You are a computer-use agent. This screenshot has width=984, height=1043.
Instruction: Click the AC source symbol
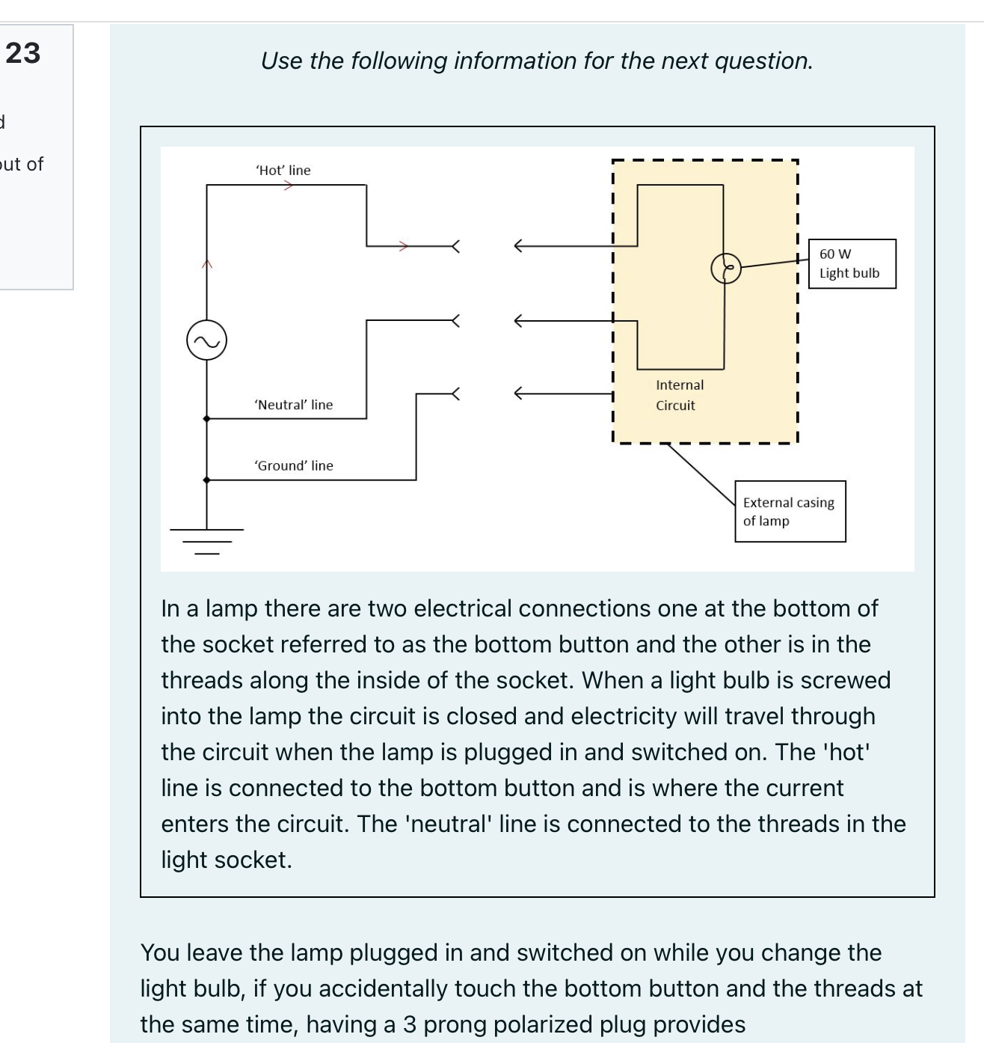pos(206,340)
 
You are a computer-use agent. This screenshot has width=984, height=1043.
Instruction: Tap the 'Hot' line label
pos(283,171)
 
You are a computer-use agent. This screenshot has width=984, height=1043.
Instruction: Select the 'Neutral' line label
pos(294,405)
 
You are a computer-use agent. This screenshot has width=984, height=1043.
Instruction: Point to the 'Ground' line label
pos(294,465)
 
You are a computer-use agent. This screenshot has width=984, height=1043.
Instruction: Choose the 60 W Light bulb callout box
pos(852,263)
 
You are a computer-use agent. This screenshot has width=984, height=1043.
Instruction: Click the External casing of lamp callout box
pos(790,511)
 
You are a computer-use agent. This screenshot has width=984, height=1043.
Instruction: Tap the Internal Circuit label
pos(679,395)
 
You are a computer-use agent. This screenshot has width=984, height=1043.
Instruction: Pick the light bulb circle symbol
pos(726,269)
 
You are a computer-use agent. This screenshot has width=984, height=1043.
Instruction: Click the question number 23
pos(24,53)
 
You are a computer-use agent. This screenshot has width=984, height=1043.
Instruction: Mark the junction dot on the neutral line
pos(207,419)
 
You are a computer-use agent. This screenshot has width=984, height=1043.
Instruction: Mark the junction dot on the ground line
pos(207,480)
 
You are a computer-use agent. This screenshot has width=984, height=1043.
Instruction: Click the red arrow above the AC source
pos(207,263)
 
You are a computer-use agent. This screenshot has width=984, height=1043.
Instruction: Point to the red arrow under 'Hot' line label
pos(287,186)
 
